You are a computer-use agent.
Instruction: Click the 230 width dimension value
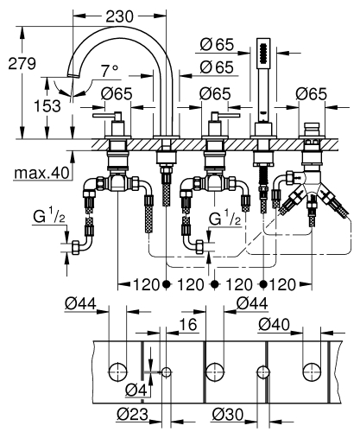pos(119,15)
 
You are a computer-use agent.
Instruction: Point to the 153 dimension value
pos(29,105)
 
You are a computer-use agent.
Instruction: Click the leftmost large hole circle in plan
pos(116,372)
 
